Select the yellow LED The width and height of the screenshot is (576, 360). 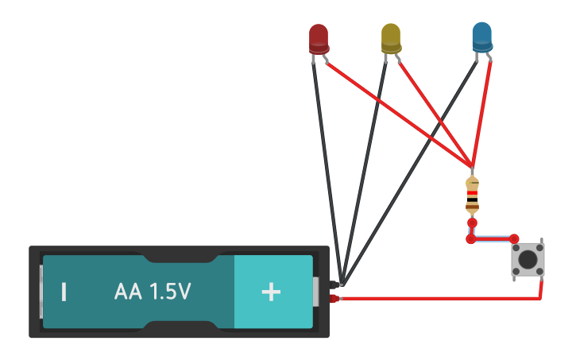(391, 37)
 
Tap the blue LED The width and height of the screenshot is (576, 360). (481, 37)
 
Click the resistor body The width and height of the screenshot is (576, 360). (472, 195)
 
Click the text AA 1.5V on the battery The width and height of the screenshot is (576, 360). (153, 292)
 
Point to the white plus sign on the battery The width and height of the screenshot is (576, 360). (271, 292)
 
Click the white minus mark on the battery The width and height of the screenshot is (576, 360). (64, 292)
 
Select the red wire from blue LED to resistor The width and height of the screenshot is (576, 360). (481, 111)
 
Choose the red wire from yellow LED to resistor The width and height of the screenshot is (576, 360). (433, 111)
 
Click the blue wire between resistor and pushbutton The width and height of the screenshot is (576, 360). (493, 237)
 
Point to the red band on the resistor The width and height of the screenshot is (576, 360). (472, 193)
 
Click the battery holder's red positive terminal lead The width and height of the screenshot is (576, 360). (334, 299)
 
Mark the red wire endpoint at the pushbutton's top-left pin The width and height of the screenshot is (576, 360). (514, 238)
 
